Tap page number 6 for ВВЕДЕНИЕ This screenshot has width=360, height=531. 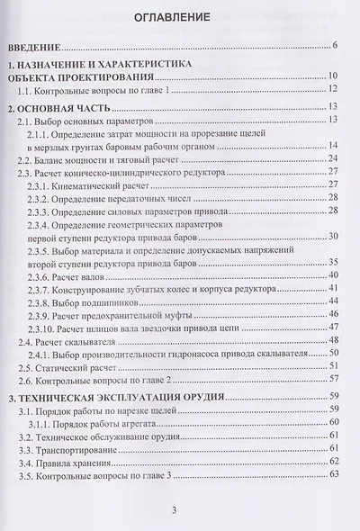[x=333, y=45]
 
